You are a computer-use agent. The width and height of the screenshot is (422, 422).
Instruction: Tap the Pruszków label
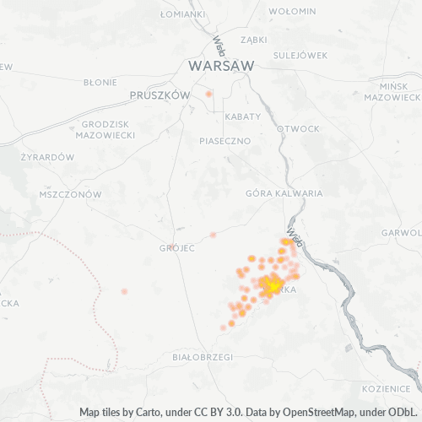(160, 96)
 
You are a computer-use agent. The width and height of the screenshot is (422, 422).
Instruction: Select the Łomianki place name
(182, 14)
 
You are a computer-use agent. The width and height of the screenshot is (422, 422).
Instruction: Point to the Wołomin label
(291, 11)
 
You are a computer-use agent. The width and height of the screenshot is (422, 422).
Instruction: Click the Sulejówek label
(300, 56)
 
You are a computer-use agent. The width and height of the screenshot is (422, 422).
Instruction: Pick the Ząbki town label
(253, 39)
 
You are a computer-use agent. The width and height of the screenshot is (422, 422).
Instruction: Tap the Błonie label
(100, 83)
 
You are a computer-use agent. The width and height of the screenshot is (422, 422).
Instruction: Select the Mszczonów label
(70, 194)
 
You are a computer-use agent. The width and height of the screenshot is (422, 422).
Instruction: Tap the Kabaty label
(241, 116)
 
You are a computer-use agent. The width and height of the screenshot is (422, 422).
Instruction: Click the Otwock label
(299, 129)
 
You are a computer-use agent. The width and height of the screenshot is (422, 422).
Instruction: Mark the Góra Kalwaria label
(284, 193)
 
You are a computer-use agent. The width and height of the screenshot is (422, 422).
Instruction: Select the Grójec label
(177, 248)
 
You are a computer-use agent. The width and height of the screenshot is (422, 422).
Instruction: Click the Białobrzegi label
(202, 357)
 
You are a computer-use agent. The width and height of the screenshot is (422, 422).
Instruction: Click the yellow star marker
(273, 286)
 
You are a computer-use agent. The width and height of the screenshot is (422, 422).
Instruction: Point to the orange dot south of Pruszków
(208, 94)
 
